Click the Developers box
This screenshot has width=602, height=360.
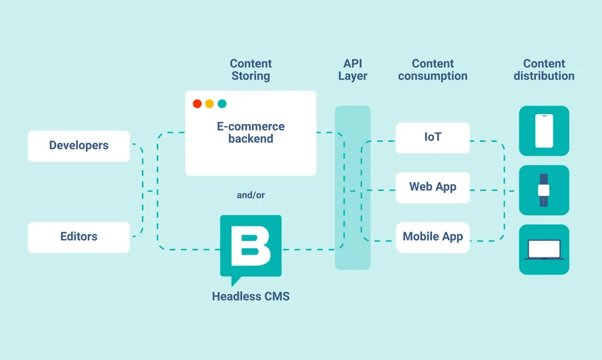tap(79, 146)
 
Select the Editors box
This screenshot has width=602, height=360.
tap(79, 237)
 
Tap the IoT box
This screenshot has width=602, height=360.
tap(432, 138)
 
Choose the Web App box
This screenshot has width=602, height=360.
tap(432, 187)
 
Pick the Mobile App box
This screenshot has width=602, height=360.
tap(432, 237)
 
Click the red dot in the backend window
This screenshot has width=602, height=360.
tap(197, 103)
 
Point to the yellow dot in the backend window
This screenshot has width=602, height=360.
tap(209, 103)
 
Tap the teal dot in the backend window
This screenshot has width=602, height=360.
tap(221, 103)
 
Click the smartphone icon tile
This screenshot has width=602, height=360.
tap(544, 131)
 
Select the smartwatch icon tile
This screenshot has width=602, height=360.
tap(544, 190)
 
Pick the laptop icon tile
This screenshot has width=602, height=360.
tap(544, 250)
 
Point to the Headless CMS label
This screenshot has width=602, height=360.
tap(251, 295)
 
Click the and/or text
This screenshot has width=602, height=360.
tap(250, 195)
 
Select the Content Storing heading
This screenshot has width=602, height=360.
tap(251, 70)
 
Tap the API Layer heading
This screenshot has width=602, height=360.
tap(353, 70)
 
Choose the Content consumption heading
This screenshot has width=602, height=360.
tap(433, 70)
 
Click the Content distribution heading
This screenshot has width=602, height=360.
tap(544, 70)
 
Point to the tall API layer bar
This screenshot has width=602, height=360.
tap(353, 187)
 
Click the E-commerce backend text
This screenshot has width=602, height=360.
tap(251, 133)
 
